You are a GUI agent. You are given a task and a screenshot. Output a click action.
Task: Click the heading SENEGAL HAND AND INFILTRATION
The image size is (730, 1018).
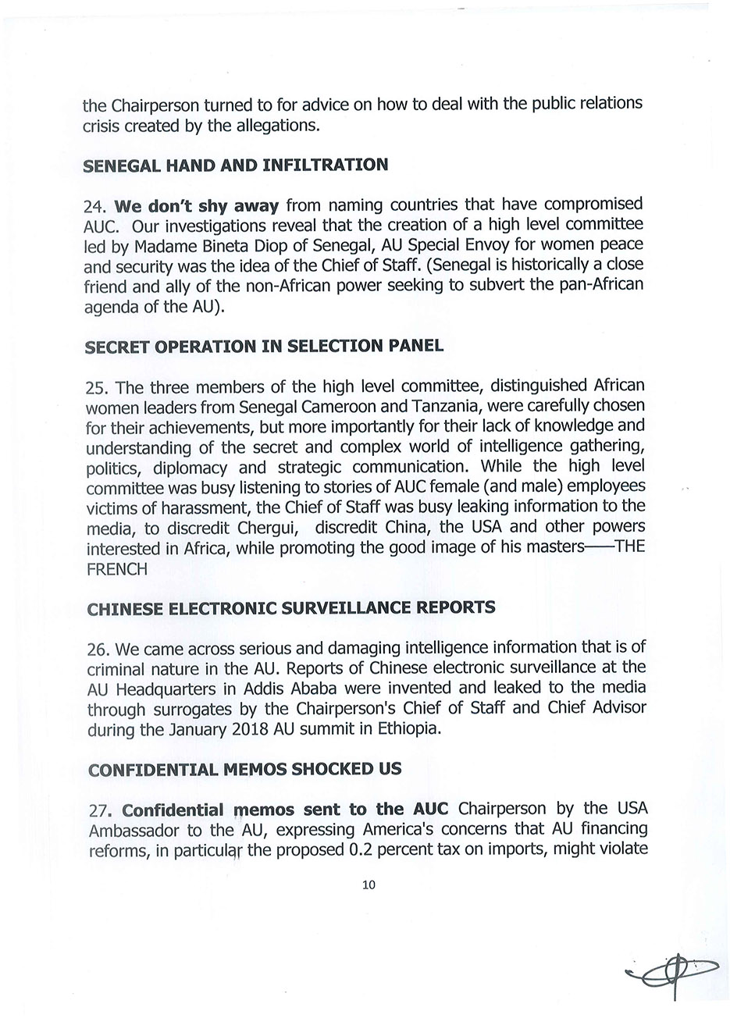coord(235,165)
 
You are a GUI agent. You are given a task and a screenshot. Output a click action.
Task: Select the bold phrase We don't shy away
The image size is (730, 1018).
coord(196,206)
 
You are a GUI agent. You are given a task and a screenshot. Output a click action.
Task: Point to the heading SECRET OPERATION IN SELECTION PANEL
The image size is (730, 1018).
coord(263,346)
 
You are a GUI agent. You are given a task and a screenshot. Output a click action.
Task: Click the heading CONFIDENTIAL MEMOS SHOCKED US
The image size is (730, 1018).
coord(244,770)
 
